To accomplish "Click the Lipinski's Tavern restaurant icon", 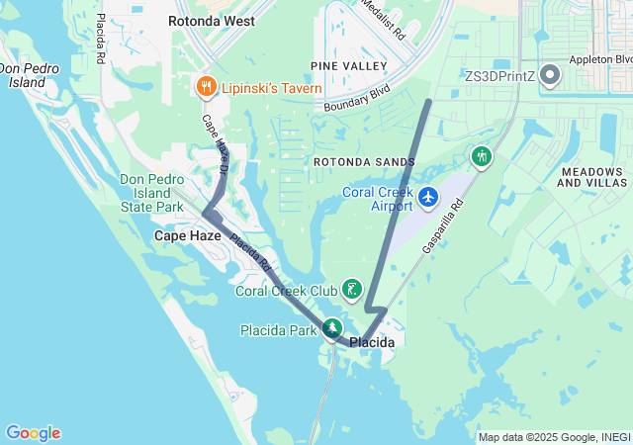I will tap(206, 87).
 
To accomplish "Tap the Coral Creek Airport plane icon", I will tap(428, 198).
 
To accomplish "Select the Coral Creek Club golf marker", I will tap(351, 290).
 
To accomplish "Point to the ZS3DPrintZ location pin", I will tap(550, 76).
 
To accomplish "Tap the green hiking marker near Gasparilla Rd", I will tap(482, 157).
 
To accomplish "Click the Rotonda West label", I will tap(211, 21).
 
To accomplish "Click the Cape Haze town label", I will tap(187, 237).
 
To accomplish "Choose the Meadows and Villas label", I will tap(592, 177).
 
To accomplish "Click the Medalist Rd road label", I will tap(385, 18).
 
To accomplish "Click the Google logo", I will tap(33, 433).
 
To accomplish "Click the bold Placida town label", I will tap(372, 342).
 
